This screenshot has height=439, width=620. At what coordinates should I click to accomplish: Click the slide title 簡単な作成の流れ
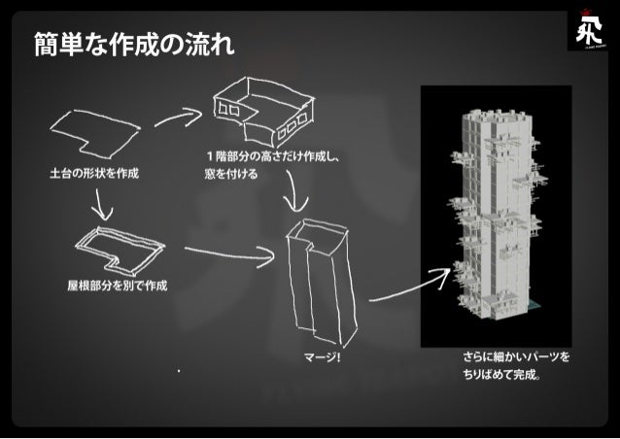coord(134,43)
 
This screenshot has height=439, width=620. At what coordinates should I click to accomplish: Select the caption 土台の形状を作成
coord(94,174)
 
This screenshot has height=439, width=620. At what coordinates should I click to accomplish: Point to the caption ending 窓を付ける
coord(230,175)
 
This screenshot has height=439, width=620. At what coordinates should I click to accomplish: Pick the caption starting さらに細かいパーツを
coord(515,356)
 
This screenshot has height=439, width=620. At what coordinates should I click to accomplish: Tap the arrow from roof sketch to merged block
coord(229,254)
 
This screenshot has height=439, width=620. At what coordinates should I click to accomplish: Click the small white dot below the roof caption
coord(179,370)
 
